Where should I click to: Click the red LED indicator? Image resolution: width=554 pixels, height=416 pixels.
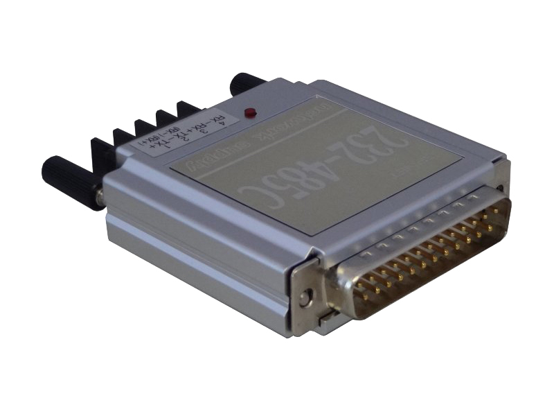click(251, 112)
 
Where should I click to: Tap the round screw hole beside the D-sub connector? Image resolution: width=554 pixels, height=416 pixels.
click(303, 299)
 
